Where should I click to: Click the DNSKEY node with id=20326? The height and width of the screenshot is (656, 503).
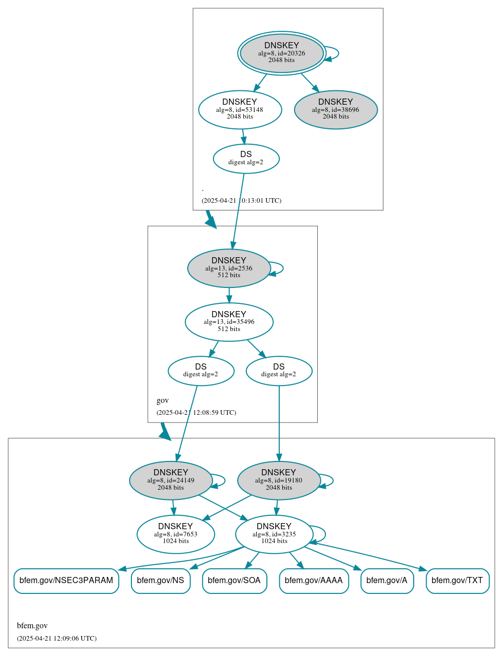pyautogui.click(x=281, y=53)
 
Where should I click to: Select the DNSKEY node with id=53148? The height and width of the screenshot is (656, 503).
pyautogui.click(x=240, y=109)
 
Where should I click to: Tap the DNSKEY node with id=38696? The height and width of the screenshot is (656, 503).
pyautogui.click(x=336, y=109)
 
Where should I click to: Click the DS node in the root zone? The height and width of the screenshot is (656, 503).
pyautogui.click(x=246, y=159)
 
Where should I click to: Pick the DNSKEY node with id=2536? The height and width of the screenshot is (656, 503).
pyautogui.click(x=229, y=268)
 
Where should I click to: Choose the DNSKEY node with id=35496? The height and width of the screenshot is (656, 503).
pyautogui.click(x=229, y=322)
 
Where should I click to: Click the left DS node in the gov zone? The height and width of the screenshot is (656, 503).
pyautogui.click(x=201, y=371)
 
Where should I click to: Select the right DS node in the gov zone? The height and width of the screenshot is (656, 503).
pyautogui.click(x=279, y=371)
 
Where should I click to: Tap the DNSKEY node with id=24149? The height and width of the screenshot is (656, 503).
pyautogui.click(x=171, y=480)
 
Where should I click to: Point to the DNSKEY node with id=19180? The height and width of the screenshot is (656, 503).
pyautogui.click(x=279, y=480)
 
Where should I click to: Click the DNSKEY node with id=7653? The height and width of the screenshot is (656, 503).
pyautogui.click(x=176, y=534)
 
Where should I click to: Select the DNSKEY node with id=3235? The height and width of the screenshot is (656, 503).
pyautogui.click(x=274, y=534)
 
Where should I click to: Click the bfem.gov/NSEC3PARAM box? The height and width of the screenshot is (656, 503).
pyautogui.click(x=66, y=581)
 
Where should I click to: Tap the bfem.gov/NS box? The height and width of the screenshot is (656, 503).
pyautogui.click(x=161, y=581)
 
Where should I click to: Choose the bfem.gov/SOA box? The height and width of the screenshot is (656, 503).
pyautogui.click(x=235, y=581)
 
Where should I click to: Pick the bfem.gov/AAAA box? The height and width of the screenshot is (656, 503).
pyautogui.click(x=314, y=581)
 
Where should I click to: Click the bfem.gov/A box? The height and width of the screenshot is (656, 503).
pyautogui.click(x=387, y=581)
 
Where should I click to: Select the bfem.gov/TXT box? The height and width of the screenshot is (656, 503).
pyautogui.click(x=457, y=581)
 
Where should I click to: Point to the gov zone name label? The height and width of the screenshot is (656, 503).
pyautogui.click(x=163, y=400)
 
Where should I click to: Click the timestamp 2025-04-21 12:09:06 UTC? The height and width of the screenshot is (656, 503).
pyautogui.click(x=56, y=639)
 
